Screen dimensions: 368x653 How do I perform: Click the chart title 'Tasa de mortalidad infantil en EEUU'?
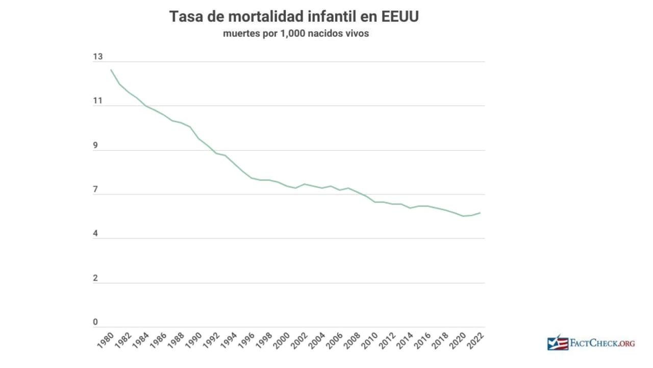pos(294,17)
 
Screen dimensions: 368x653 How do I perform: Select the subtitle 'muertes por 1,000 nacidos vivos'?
pos(295,34)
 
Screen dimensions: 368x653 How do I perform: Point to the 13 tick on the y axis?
pos(97,57)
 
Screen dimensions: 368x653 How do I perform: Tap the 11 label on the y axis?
pos(97,101)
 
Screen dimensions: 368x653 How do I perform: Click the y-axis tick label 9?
pos(95,146)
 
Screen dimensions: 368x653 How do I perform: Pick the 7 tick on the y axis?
pos(95,190)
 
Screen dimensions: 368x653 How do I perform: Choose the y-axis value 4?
pos(95,234)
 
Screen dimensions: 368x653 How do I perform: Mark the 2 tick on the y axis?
pos(95,279)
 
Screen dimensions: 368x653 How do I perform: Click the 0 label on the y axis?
pos(95,323)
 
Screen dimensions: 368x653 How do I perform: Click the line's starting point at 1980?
pos(111,70)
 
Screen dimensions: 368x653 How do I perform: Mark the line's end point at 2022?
pos(481,213)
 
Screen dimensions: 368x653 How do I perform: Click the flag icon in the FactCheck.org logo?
pos(558,343)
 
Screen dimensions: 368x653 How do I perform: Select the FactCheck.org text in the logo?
pos(602,343)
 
